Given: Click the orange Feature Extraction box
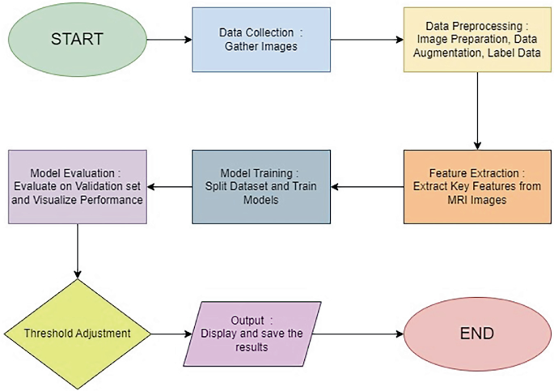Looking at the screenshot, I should click(470, 187).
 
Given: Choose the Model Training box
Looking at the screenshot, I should click(261, 187).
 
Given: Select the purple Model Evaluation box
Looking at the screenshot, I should click(77, 185).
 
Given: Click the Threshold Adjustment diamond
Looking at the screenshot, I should click(77, 333).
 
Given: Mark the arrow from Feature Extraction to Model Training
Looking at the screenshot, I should click(368, 187).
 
